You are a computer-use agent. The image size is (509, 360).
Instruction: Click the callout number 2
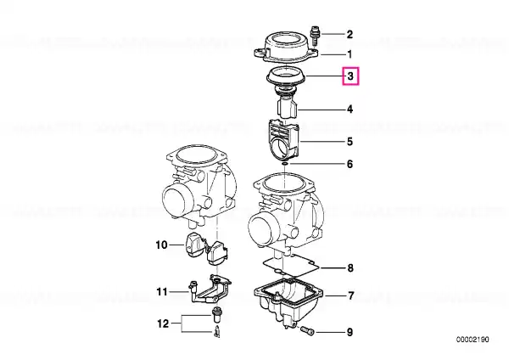(350, 35)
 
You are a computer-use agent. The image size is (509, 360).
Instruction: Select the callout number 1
(350, 54)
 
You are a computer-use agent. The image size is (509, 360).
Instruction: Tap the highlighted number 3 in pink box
(350, 76)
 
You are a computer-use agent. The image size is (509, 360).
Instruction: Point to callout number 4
(350, 110)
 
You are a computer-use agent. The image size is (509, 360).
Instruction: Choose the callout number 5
(350, 142)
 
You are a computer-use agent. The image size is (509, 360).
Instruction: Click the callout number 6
(350, 164)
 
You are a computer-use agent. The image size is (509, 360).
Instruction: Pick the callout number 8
(350, 268)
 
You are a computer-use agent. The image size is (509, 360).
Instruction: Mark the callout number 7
(350, 296)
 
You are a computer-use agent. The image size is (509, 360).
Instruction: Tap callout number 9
(350, 332)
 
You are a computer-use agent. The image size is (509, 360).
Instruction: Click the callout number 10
(162, 245)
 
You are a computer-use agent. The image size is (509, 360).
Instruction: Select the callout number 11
(162, 292)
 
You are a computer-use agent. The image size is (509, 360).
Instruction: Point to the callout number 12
(163, 323)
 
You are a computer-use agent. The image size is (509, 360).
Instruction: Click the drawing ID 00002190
(473, 340)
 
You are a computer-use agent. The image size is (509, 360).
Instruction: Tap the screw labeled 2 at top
(315, 36)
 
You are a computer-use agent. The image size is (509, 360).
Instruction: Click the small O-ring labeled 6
(285, 164)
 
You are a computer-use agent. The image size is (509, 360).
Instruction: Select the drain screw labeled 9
(307, 331)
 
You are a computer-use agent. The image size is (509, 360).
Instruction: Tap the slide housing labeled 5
(283, 140)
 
